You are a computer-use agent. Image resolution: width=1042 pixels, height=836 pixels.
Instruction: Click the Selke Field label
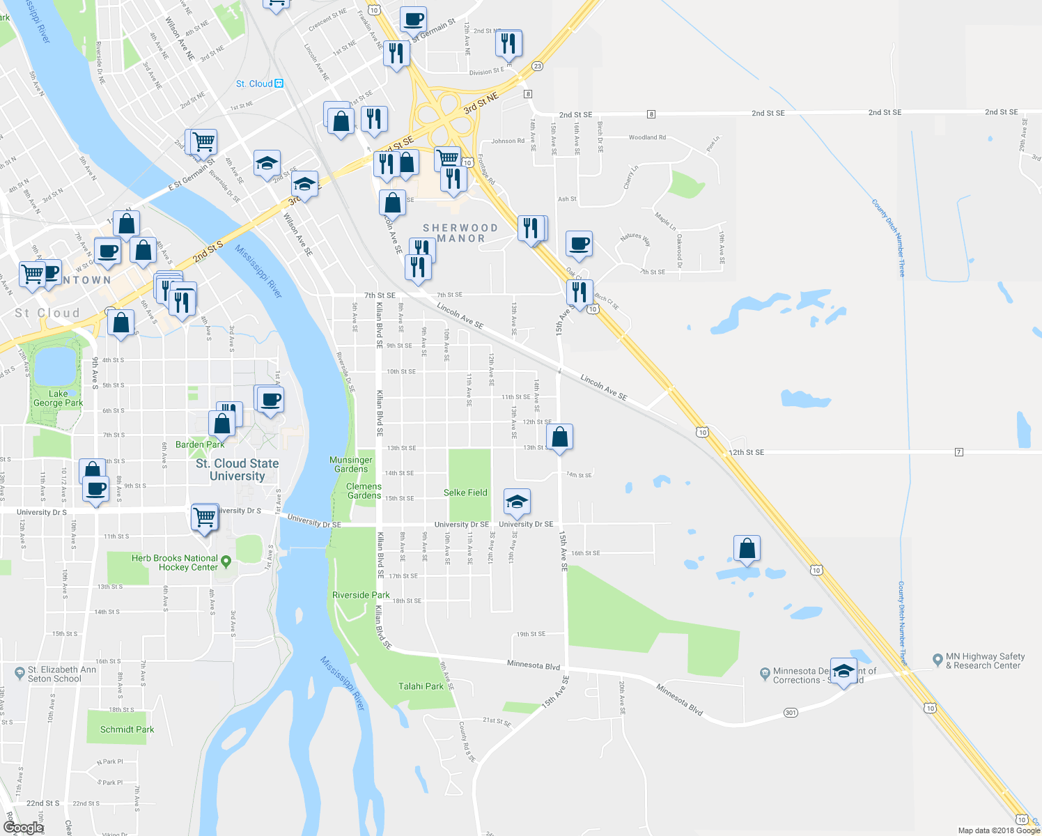(465, 493)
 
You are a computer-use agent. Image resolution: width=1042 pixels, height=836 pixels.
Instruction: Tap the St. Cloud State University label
(237, 470)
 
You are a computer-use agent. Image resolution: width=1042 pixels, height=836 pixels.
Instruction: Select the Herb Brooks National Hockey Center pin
(225, 561)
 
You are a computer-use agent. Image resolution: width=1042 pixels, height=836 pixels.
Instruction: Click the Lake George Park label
(58, 398)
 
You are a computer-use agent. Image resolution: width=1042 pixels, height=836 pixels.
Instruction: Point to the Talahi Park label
(421, 686)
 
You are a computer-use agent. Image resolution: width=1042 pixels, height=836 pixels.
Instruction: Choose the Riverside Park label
(361, 595)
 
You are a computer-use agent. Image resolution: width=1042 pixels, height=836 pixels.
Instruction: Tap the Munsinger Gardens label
(351, 465)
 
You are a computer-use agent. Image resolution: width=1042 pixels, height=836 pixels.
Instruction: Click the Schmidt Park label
(127, 729)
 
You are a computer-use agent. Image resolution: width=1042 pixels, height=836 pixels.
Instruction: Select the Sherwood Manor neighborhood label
(460, 233)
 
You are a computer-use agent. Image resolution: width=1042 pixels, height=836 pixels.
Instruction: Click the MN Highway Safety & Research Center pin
(938, 658)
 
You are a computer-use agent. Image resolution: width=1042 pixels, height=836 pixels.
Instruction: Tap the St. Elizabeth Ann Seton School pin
(19, 672)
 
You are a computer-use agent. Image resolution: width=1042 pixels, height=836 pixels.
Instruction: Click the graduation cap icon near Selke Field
(516, 502)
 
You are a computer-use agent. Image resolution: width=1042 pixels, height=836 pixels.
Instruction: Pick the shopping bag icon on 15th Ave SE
(559, 438)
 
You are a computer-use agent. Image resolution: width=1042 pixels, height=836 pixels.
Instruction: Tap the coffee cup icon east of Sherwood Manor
(579, 245)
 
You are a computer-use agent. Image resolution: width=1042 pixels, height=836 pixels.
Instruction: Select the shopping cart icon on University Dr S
(204, 518)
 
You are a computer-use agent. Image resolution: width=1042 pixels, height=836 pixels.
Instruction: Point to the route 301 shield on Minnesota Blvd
(790, 713)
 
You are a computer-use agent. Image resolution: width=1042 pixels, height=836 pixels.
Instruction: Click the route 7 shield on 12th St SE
(959, 452)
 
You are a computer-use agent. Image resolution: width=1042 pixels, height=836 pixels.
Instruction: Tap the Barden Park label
(200, 444)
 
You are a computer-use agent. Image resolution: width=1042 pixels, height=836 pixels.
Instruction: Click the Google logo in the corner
(23, 827)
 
